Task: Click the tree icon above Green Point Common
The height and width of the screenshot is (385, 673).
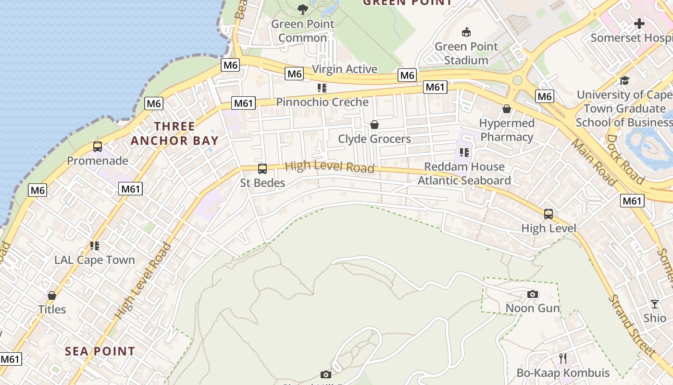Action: point(302,9)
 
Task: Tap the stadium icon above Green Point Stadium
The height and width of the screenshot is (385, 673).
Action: point(466,32)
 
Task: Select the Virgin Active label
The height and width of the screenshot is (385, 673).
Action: point(345,69)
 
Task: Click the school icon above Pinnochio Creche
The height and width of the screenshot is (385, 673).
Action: point(322,88)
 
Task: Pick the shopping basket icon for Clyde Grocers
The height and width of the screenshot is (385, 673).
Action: point(374,125)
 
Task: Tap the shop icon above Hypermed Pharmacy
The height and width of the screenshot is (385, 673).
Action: point(507,109)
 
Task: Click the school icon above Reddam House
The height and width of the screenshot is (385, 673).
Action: point(464,153)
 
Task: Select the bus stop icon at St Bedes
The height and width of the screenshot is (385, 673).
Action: point(262,169)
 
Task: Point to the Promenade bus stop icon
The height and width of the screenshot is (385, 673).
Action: point(98,147)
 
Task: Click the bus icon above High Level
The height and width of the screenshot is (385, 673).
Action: point(548,214)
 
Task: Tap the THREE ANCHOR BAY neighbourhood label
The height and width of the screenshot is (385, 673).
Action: point(174,134)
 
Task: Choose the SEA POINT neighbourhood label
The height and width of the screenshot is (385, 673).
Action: point(100,351)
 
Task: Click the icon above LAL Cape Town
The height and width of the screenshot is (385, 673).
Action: point(94,246)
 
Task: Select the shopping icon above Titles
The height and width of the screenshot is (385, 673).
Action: point(52,295)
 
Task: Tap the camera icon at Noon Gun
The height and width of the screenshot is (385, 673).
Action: point(533,294)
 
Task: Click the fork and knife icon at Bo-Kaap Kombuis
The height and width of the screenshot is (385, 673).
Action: point(563,359)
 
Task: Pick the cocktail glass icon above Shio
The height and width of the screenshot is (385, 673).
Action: point(655,304)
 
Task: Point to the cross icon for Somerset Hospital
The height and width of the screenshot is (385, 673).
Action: point(639,23)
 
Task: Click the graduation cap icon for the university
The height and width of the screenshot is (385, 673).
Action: point(624,80)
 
